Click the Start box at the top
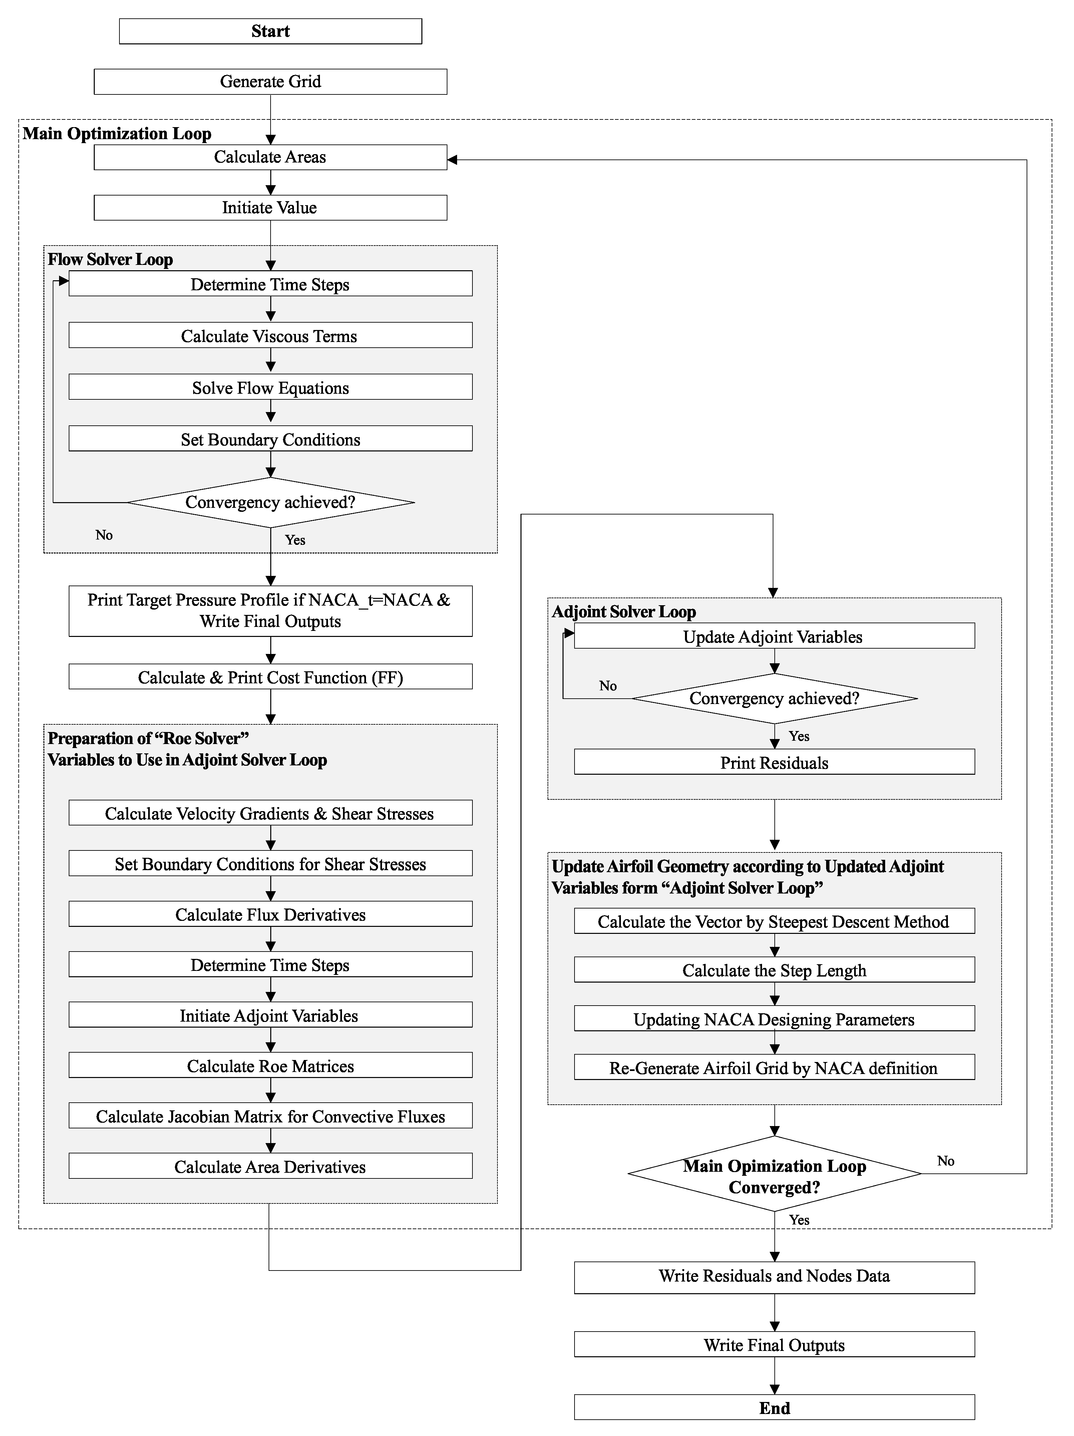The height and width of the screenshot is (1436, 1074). (270, 31)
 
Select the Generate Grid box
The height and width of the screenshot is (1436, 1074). (270, 82)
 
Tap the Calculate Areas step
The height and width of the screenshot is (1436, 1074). (270, 157)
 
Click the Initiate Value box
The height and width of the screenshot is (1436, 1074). (270, 208)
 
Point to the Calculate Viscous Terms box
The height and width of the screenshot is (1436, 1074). (270, 336)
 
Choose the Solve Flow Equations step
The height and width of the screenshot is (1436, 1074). (270, 388)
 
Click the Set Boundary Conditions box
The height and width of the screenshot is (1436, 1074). (270, 439)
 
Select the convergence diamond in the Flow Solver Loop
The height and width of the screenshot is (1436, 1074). (270, 502)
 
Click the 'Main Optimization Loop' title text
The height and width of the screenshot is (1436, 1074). (117, 134)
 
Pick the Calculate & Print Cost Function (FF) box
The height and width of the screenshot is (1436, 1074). (270, 677)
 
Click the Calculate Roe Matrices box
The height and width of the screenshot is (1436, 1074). (270, 1066)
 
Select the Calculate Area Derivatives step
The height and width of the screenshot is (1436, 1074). (270, 1167)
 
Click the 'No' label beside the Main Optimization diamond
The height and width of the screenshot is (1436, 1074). (946, 1161)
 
